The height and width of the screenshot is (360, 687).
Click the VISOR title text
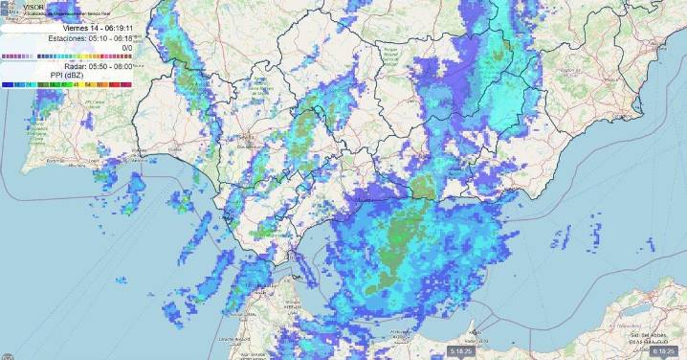pyautogui.click(x=33, y=7)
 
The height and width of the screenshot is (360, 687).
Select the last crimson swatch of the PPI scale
pyautogui.click(x=128, y=85)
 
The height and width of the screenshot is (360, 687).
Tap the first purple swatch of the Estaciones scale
pyautogui.click(x=5, y=56)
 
